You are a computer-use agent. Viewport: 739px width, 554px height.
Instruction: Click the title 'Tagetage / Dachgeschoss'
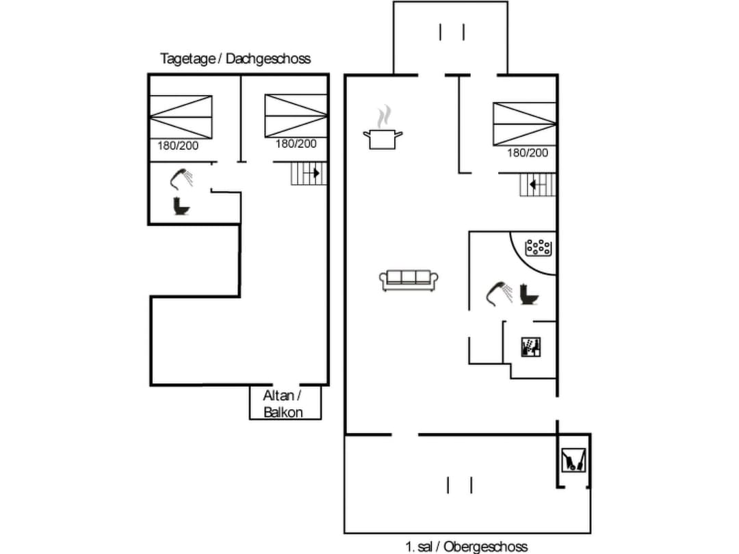point(235,59)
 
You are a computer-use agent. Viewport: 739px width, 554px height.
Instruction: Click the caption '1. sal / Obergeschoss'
point(466,546)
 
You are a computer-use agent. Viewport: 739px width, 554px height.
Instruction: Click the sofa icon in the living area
point(409,280)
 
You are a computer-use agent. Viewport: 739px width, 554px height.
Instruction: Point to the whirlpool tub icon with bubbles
point(538,248)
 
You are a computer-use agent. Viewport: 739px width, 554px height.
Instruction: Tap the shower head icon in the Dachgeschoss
point(181,179)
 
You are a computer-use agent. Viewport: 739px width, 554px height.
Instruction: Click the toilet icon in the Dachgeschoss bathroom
point(181,207)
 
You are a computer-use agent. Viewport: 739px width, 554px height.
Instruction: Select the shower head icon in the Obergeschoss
point(499,292)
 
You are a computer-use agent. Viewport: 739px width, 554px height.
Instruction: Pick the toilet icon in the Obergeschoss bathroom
point(529,294)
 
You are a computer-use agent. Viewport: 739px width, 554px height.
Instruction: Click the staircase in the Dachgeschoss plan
point(306,173)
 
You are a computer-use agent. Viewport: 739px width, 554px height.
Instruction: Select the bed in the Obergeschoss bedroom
point(524,124)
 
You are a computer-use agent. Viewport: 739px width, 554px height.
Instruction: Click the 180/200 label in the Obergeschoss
point(527,153)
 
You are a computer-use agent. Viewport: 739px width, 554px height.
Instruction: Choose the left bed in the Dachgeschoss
point(181,117)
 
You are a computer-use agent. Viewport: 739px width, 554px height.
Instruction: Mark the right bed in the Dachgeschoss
point(296,116)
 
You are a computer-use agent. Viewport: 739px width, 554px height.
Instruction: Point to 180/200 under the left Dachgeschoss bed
point(178,145)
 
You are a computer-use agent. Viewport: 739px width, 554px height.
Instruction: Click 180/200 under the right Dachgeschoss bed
point(296,144)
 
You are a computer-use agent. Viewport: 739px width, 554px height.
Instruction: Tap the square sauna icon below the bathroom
point(531,347)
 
